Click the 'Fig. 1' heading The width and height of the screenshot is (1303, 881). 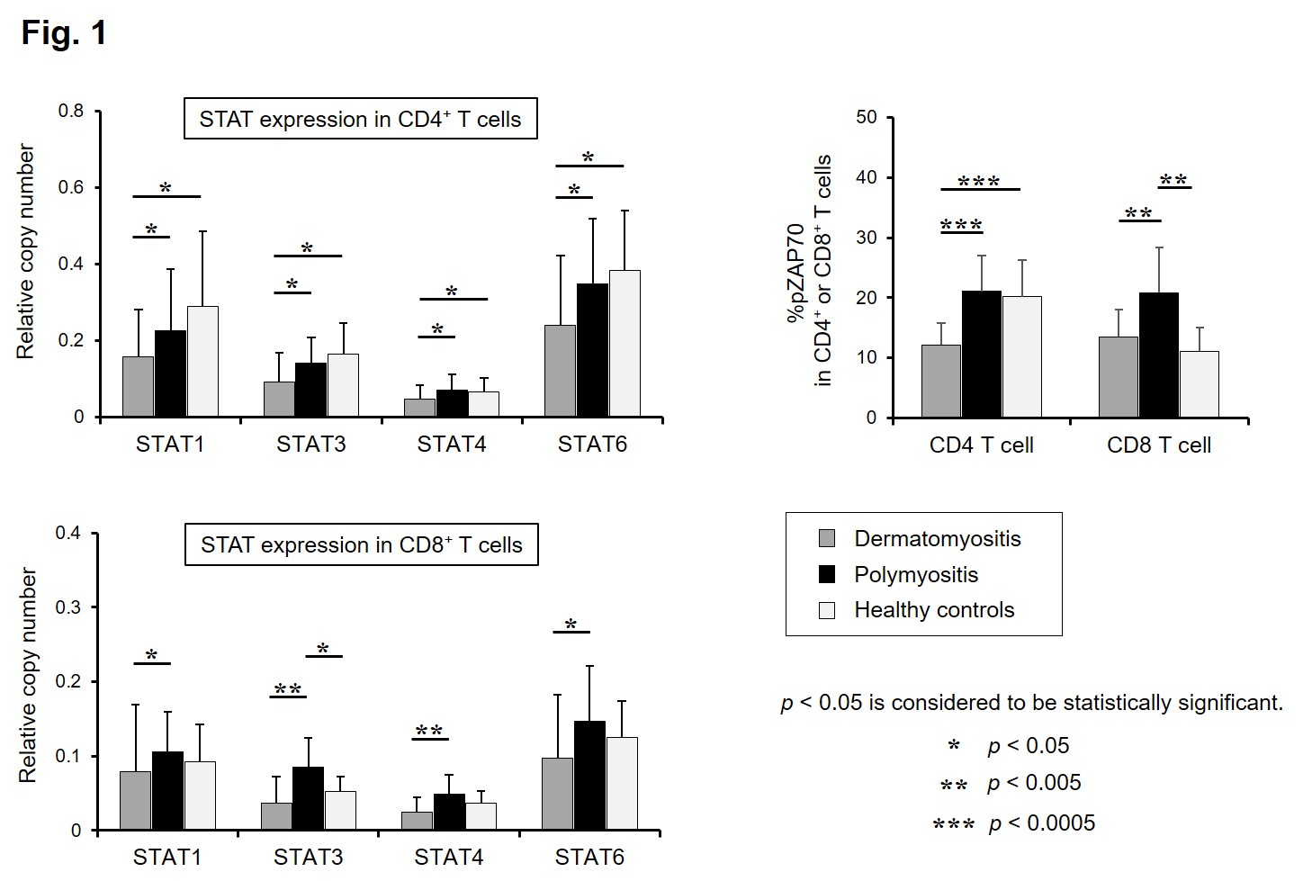pyautogui.click(x=64, y=33)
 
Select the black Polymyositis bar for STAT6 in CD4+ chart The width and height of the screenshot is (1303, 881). pyautogui.click(x=592, y=350)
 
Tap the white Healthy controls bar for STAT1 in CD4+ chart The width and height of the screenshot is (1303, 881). pyautogui.click(x=202, y=361)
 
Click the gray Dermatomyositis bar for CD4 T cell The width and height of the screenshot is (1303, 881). pyautogui.click(x=940, y=381)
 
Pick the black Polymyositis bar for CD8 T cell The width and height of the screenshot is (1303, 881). pyautogui.click(x=1158, y=355)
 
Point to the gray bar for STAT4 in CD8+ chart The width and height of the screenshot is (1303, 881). pyautogui.click(x=417, y=821)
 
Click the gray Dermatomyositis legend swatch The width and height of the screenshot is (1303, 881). pyautogui.click(x=827, y=539)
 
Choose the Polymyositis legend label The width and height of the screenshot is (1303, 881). pyautogui.click(x=916, y=574)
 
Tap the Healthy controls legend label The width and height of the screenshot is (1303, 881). pyautogui.click(x=934, y=610)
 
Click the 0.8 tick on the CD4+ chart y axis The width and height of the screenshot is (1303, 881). pyautogui.click(x=71, y=112)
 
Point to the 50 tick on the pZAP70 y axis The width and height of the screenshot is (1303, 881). pyautogui.click(x=867, y=117)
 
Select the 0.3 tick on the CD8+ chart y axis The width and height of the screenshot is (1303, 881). pyautogui.click(x=68, y=607)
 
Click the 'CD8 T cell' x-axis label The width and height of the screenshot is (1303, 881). pyautogui.click(x=1159, y=445)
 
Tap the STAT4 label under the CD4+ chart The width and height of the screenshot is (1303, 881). pyautogui.click(x=451, y=445)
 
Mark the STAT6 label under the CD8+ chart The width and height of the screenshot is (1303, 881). pyautogui.click(x=589, y=857)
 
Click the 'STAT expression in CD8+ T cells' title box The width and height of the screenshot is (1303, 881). pyautogui.click(x=361, y=545)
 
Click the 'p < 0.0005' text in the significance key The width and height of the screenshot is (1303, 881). pyautogui.click(x=1041, y=823)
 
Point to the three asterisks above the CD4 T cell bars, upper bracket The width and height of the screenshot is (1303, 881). pyautogui.click(x=979, y=183)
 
